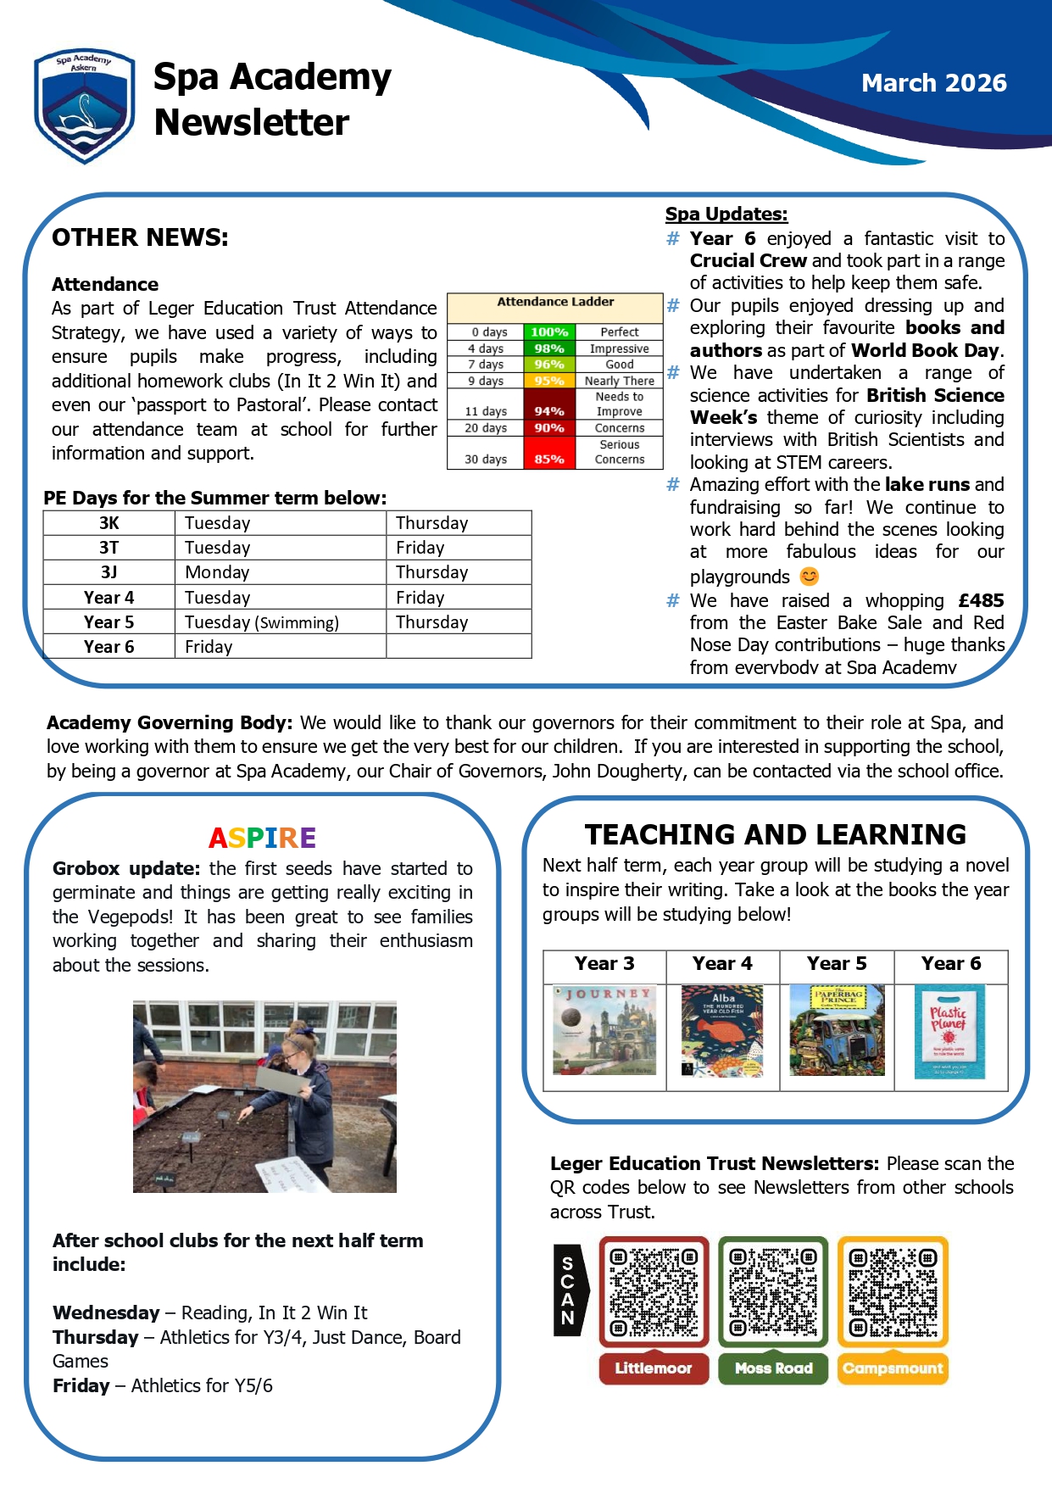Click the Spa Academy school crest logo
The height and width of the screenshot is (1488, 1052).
[83, 104]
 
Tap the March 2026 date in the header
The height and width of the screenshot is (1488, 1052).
[933, 83]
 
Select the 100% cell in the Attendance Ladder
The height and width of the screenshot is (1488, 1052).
[549, 332]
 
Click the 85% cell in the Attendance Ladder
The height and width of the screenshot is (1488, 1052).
[549, 459]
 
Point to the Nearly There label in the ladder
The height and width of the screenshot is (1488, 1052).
[619, 381]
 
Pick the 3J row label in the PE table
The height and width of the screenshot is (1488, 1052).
[109, 572]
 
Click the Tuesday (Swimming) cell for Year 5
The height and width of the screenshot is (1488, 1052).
[262, 622]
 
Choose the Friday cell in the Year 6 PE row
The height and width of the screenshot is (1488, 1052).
[209, 647]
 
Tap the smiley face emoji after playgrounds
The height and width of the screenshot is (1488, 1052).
[810, 577]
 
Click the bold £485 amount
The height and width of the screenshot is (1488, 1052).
[981, 600]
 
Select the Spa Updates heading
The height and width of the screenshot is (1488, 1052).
[726, 215]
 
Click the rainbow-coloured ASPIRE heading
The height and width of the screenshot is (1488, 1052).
[262, 838]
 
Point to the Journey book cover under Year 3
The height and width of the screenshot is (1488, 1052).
[604, 1030]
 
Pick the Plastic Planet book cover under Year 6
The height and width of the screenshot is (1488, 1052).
[949, 1031]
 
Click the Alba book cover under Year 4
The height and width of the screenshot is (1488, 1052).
[722, 1031]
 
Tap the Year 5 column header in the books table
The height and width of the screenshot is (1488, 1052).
[836, 964]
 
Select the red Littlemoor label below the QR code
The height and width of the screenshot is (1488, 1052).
[653, 1368]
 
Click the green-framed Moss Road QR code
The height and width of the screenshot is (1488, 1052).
[773, 1291]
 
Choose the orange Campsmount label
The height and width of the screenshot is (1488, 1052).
[893, 1368]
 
